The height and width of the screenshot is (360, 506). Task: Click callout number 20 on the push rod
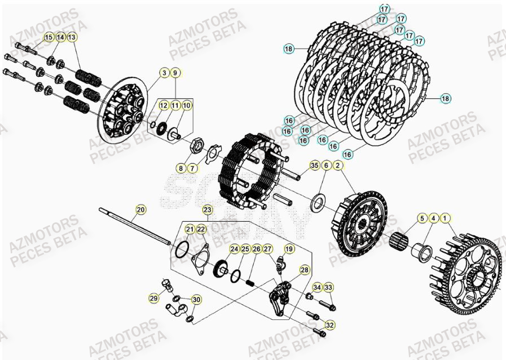[141, 210]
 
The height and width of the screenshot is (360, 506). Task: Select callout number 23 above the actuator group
[208, 210]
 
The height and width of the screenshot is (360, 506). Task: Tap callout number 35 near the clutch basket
[314, 165]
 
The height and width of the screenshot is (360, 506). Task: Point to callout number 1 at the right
[446, 218]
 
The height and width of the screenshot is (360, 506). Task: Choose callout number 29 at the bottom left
[154, 298]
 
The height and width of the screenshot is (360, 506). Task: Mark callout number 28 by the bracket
[304, 270]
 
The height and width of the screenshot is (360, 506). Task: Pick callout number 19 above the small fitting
[289, 248]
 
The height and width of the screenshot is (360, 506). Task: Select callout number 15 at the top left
[49, 37]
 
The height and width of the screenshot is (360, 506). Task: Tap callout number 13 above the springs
[72, 37]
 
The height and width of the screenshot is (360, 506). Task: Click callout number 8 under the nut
[181, 168]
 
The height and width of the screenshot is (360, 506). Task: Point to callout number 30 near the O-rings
[196, 300]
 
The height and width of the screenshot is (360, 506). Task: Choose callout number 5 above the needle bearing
[421, 218]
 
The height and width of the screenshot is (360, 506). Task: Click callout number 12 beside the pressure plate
[163, 105]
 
